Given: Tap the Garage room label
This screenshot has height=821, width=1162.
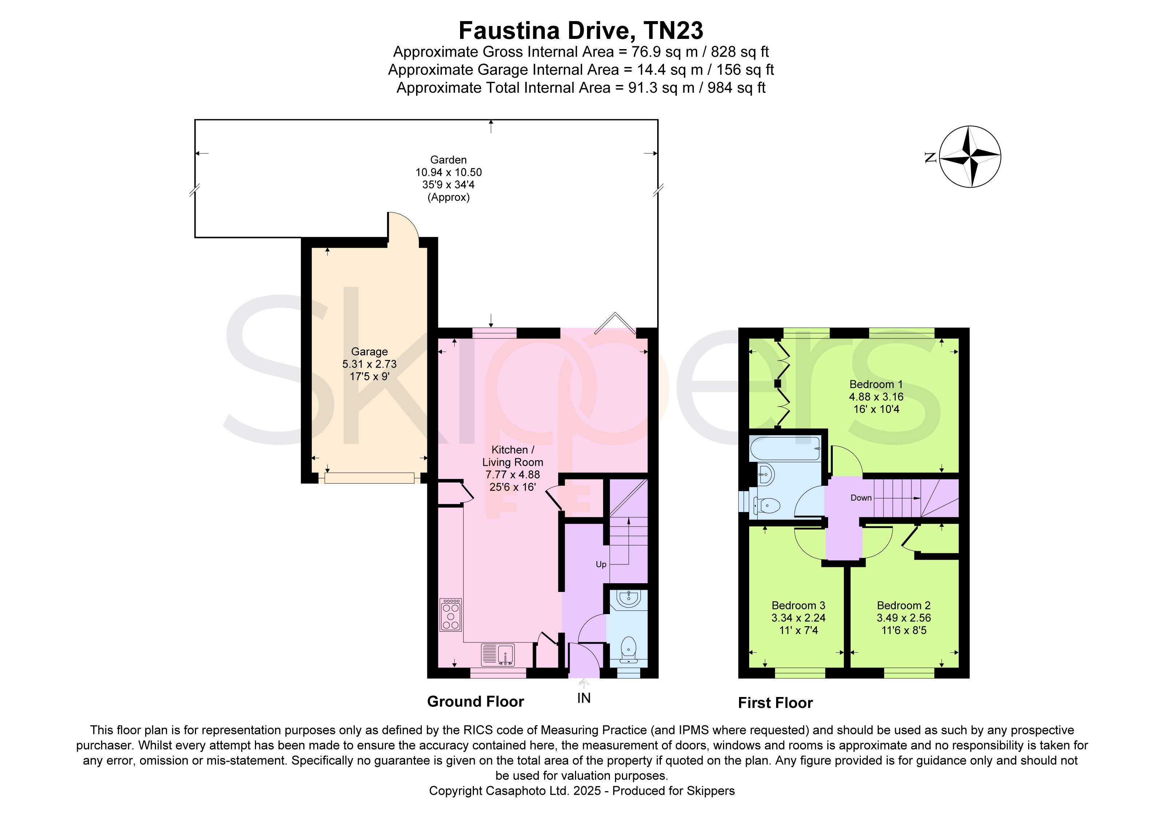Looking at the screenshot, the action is click(x=370, y=352).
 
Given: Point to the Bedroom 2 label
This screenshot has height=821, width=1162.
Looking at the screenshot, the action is click(x=903, y=605).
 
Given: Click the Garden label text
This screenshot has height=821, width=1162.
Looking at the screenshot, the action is click(x=448, y=160).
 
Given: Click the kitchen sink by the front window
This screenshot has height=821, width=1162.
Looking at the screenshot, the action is click(x=498, y=654).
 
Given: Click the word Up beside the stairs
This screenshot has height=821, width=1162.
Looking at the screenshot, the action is click(x=601, y=565).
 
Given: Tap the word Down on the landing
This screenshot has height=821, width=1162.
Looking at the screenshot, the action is click(x=861, y=498).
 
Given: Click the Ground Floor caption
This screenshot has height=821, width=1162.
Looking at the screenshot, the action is click(x=475, y=702).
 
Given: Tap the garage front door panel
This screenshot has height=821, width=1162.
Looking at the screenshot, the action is click(x=370, y=478).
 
